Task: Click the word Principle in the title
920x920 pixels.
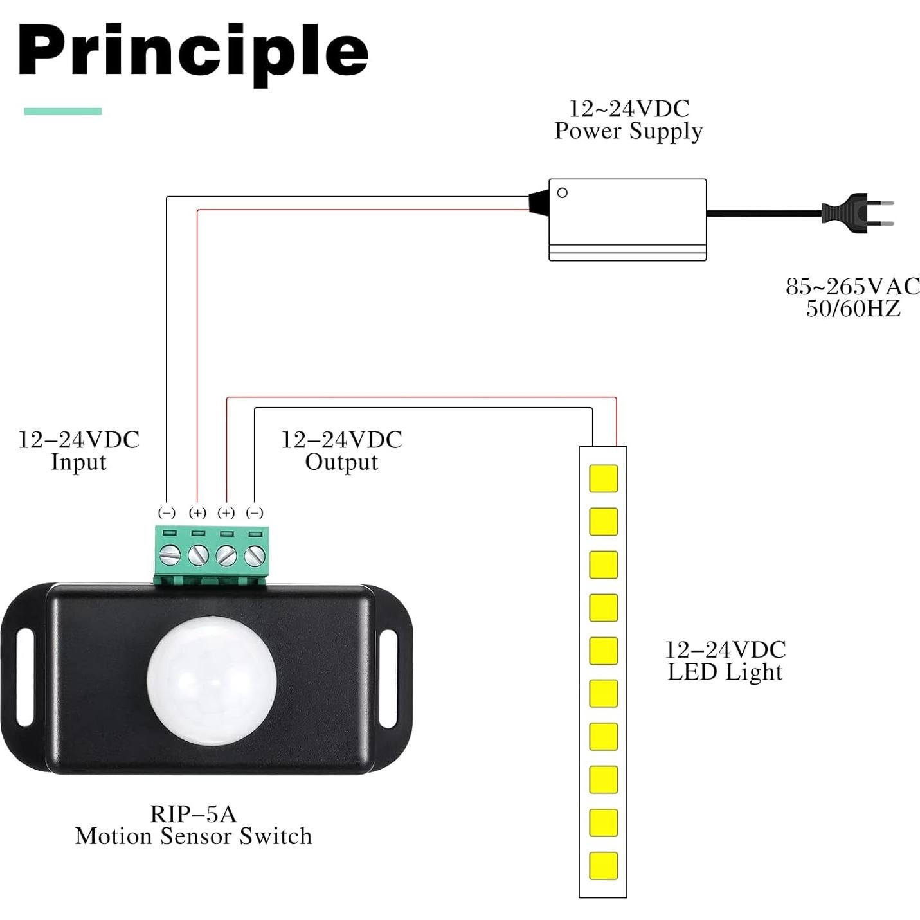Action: pyautogui.click(x=193, y=51)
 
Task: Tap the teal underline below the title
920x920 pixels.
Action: pyautogui.click(x=63, y=111)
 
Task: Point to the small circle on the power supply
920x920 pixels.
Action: pyautogui.click(x=562, y=193)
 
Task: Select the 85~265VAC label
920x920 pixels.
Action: pyautogui.click(x=852, y=286)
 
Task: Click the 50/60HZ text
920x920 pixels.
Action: pyautogui.click(x=853, y=309)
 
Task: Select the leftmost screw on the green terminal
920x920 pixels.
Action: pyautogui.click(x=168, y=554)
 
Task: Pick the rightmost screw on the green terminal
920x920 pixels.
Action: pyautogui.click(x=255, y=554)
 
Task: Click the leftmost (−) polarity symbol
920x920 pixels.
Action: pyautogui.click(x=167, y=512)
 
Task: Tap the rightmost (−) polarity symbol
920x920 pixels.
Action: pyautogui.click(x=255, y=512)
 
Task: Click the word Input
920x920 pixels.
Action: pyautogui.click(x=78, y=462)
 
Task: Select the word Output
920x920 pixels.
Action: pyautogui.click(x=341, y=462)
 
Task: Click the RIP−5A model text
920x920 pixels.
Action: pyautogui.click(x=193, y=814)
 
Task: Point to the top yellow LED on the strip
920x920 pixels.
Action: pyautogui.click(x=603, y=478)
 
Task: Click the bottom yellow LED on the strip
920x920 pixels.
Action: pyautogui.click(x=603, y=865)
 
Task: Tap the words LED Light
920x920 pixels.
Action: pyautogui.click(x=725, y=672)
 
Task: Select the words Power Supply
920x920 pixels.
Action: pyautogui.click(x=628, y=131)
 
